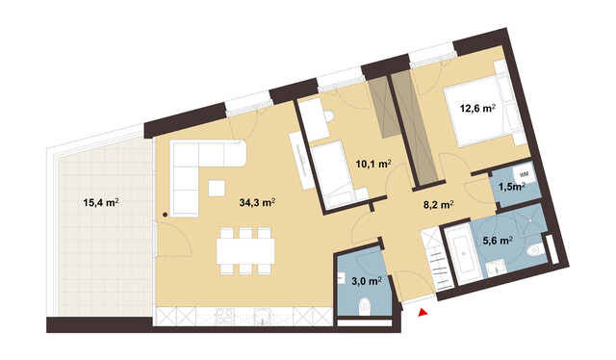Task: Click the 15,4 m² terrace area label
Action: pos(101,203)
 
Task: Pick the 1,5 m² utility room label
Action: pos(510,186)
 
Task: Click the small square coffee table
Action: pos(218,187)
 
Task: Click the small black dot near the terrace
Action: pos(165,214)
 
